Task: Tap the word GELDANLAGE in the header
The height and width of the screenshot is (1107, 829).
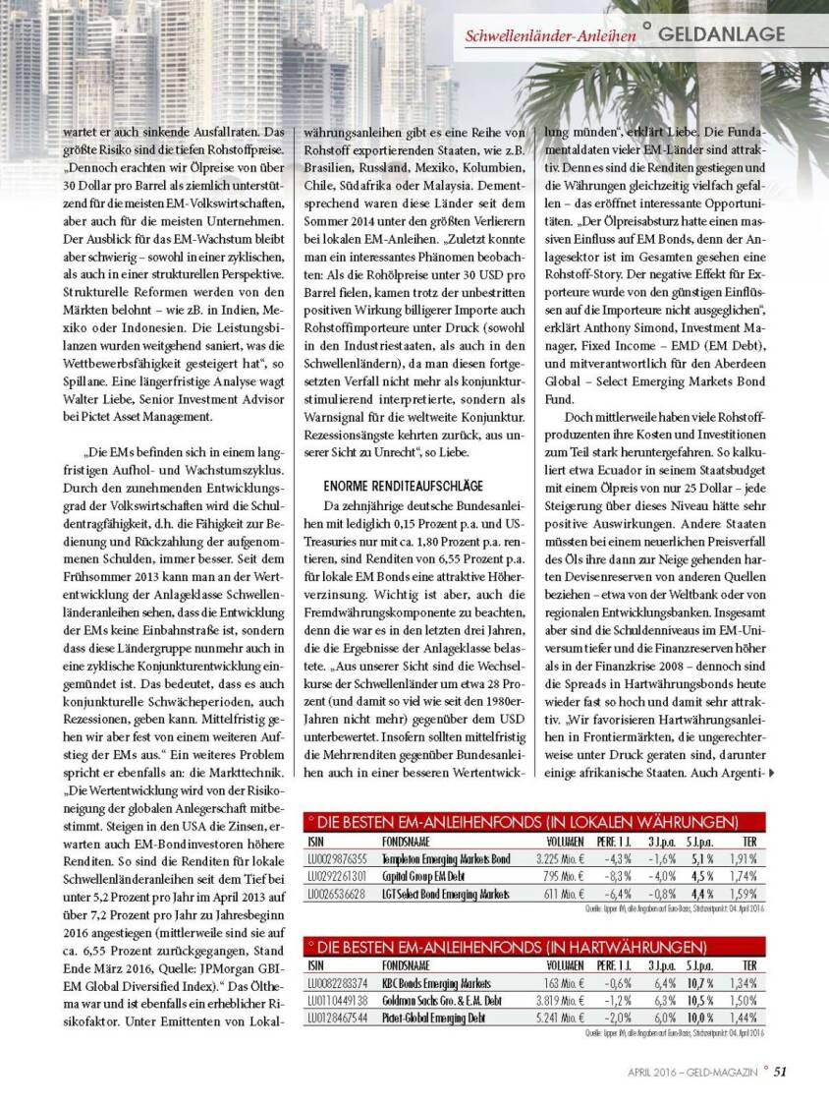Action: (x=722, y=34)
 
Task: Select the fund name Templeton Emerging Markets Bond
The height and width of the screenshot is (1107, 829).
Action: (x=446, y=858)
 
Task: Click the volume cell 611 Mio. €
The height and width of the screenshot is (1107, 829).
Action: (x=565, y=894)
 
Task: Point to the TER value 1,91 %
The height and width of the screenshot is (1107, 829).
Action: (x=743, y=858)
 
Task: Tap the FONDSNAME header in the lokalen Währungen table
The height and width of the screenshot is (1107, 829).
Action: (x=407, y=842)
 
